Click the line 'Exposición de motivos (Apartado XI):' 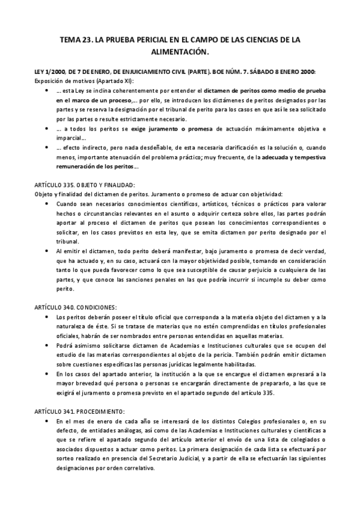85,81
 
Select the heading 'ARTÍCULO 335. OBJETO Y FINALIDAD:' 85,186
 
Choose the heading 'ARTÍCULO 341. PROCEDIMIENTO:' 79,411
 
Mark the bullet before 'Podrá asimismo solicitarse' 48,346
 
